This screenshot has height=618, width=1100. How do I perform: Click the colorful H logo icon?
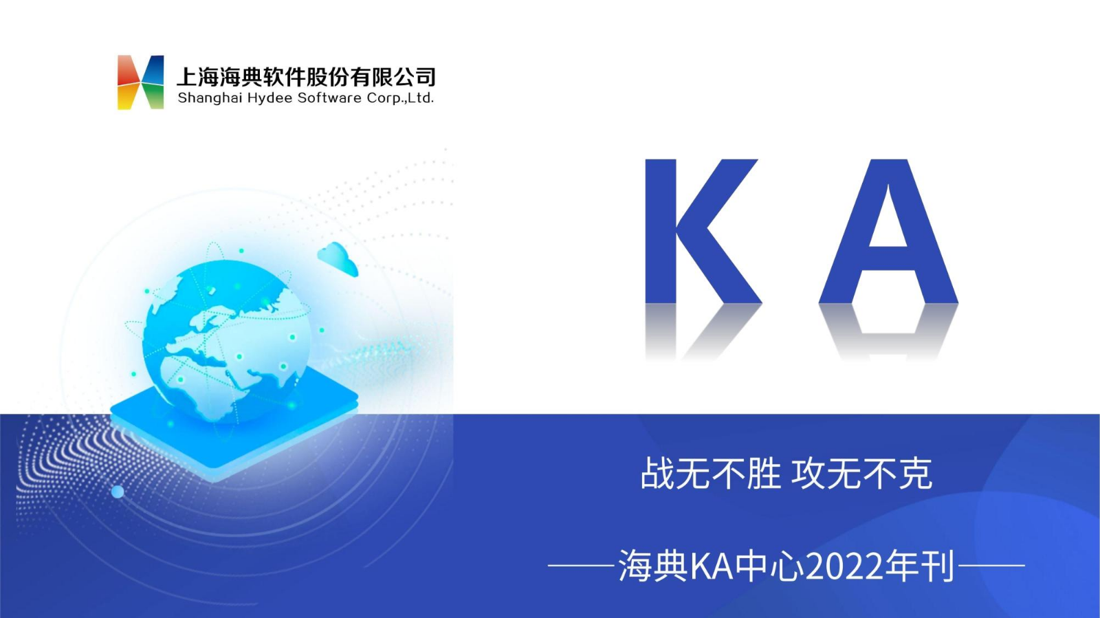(140, 82)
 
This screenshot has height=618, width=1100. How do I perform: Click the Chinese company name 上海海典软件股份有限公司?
(306, 76)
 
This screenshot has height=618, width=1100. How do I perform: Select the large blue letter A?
(888, 231)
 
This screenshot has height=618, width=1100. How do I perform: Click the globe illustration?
(227, 341)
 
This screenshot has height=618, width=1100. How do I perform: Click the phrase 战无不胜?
(711, 474)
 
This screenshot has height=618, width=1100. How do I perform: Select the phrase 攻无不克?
(862, 474)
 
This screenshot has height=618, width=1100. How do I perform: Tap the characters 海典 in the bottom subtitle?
(652, 566)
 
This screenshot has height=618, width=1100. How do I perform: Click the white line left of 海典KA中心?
(582, 566)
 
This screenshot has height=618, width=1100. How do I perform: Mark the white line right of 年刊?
(991, 566)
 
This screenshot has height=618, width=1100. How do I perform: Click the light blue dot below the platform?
(118, 492)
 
